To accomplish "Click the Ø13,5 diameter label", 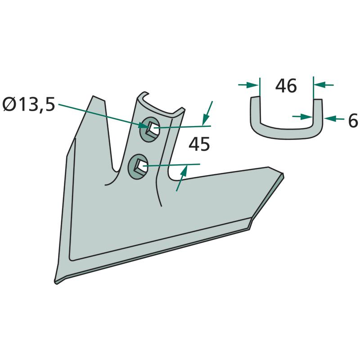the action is (29, 104).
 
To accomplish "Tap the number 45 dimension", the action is (199, 144).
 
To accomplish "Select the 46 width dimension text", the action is (286, 85).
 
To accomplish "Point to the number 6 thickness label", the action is (353, 120).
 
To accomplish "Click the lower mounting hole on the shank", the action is (138, 166).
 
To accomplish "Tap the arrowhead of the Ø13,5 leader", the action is (143, 126).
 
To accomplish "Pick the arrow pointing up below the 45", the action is (182, 178).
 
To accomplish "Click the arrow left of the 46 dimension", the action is (248, 85).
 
